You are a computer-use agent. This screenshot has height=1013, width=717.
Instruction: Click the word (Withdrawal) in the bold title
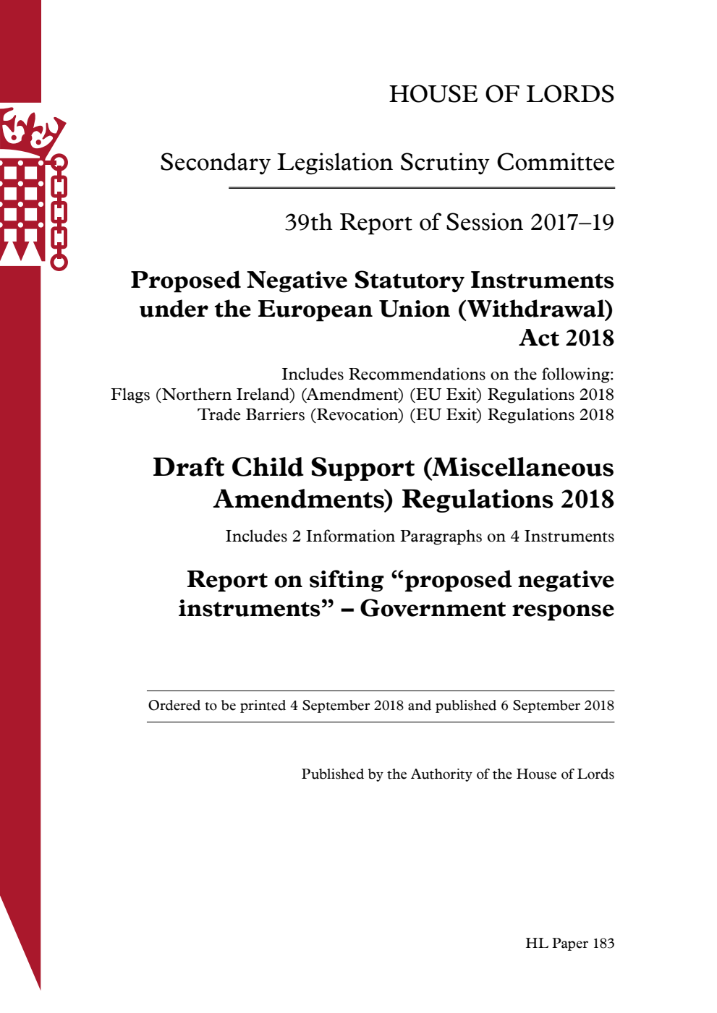click(x=535, y=309)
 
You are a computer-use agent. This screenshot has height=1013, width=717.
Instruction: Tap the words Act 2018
click(x=567, y=338)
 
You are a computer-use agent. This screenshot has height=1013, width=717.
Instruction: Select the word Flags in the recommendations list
click(x=130, y=395)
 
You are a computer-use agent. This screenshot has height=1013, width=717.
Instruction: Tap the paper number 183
click(x=603, y=944)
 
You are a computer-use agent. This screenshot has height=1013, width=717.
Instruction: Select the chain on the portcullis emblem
click(x=59, y=213)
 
